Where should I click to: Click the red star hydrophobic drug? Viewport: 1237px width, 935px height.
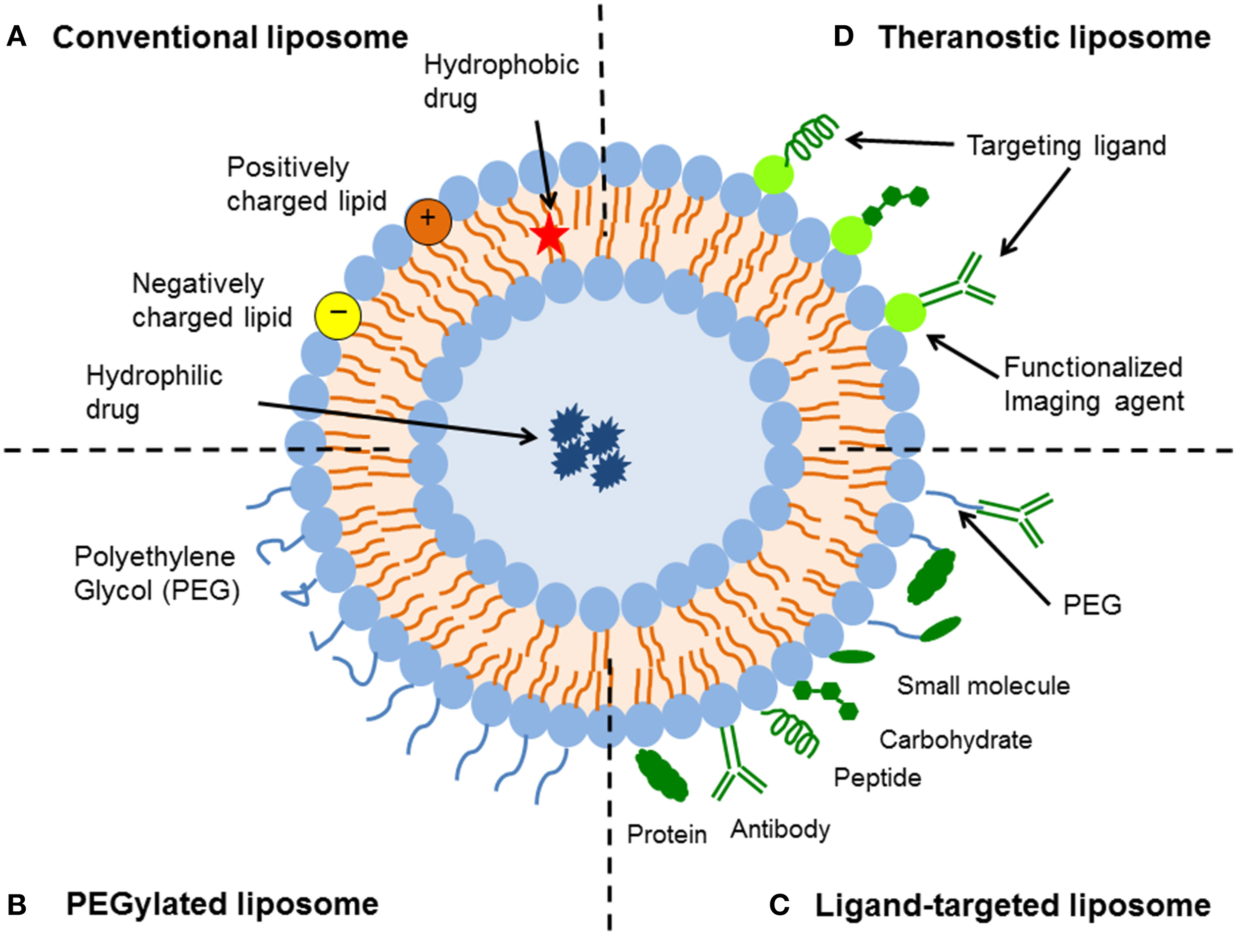550,235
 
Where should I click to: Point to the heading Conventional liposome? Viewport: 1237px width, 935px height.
230,38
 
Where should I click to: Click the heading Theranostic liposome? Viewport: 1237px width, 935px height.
1044,38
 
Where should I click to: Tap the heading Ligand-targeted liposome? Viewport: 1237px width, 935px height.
1012,905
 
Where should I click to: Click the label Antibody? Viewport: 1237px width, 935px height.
780,829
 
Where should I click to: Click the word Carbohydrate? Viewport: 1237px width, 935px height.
955,740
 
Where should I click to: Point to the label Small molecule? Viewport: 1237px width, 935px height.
983,685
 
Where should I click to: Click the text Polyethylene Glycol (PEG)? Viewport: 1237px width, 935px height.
156,573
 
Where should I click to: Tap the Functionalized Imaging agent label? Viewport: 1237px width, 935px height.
1094,384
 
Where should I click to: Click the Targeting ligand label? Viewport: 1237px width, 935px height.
1066,146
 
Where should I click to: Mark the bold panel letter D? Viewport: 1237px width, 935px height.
843,37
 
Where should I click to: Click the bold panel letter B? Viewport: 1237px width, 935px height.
17,905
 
